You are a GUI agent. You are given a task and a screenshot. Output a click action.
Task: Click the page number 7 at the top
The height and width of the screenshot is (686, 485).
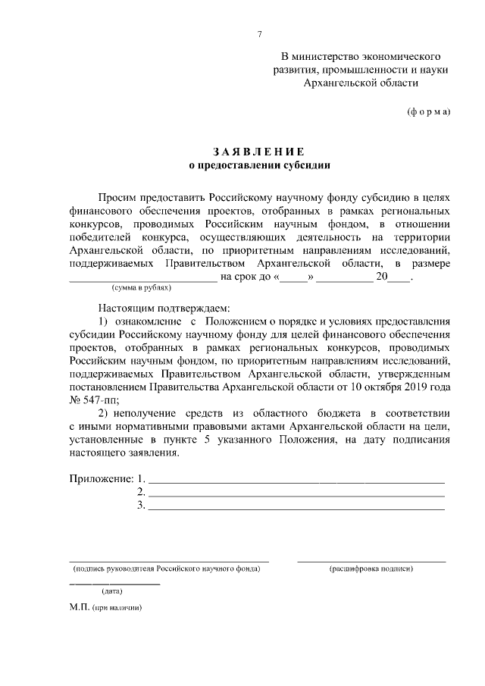click(259, 35)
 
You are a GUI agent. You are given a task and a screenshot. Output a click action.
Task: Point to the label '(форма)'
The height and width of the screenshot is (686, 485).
click(428, 111)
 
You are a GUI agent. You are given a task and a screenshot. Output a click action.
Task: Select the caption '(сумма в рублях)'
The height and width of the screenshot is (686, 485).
click(141, 288)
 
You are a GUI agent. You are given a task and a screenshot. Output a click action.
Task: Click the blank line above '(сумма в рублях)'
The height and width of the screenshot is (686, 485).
click(142, 278)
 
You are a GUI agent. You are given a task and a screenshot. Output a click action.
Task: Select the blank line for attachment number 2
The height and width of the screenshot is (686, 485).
click(296, 494)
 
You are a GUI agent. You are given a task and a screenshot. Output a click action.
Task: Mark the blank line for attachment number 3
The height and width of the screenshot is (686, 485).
click(296, 508)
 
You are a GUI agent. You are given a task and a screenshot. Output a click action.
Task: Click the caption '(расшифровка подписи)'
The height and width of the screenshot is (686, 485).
click(371, 568)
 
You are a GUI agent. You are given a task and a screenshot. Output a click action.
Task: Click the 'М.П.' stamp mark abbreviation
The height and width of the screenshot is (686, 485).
click(79, 608)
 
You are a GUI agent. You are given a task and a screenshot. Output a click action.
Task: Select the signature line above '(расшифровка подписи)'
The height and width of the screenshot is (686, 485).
click(371, 561)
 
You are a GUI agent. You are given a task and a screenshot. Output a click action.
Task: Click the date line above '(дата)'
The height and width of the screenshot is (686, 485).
click(114, 584)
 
